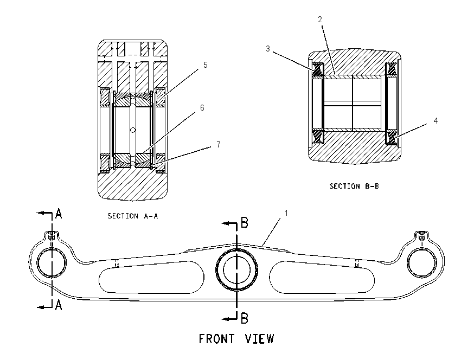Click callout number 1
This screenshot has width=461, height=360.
[x=286, y=213]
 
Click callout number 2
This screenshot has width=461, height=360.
[x=320, y=20]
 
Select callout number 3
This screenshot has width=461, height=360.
[x=267, y=49]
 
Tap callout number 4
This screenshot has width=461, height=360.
[x=436, y=121]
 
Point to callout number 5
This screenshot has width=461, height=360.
[x=205, y=65]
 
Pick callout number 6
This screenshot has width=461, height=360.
[x=202, y=108]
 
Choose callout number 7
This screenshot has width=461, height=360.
[x=218, y=145]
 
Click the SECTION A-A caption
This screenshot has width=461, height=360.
[x=133, y=216]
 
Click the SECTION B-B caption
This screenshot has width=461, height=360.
[x=354, y=186]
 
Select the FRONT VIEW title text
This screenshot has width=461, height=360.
[x=236, y=339]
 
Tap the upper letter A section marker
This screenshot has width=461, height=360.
[x=59, y=214]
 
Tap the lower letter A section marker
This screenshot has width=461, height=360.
[x=59, y=305]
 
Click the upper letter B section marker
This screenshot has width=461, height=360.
[x=244, y=222]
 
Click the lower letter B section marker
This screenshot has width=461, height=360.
[x=244, y=318]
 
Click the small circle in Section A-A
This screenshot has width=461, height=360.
[x=132, y=130]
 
